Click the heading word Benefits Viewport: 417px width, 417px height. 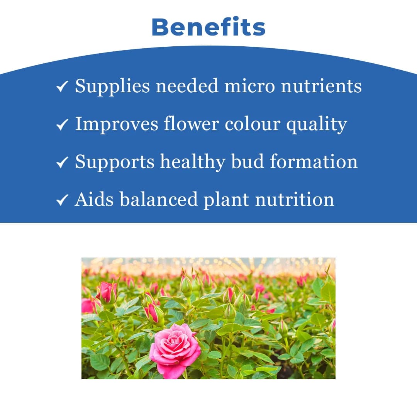coord(208,27)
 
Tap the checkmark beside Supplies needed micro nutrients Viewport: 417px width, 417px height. coord(62,86)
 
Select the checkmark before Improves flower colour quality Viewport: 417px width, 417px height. coord(62,124)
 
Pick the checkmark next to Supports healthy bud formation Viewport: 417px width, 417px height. coord(62,162)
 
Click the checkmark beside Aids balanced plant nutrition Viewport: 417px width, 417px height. coord(62,200)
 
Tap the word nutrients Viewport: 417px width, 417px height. coord(321,86)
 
